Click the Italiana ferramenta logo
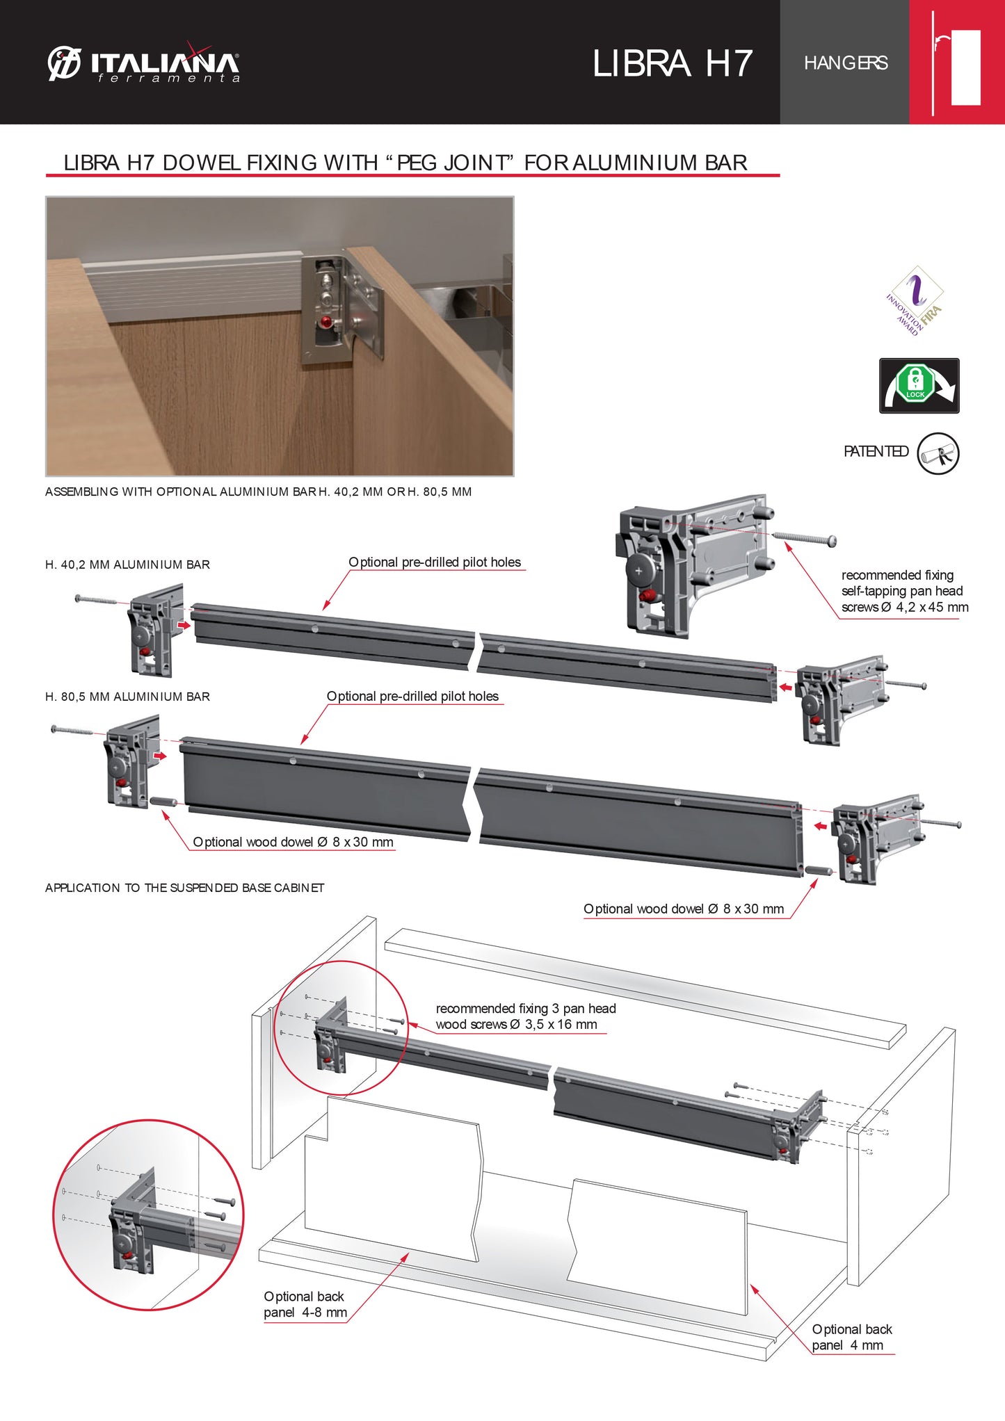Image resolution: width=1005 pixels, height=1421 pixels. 144,64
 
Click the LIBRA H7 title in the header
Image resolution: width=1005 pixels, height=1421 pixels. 672,63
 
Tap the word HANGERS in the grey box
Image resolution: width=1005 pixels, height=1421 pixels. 845,63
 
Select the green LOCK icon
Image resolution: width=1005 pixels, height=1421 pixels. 915,384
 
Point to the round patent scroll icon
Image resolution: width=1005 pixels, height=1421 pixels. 938,454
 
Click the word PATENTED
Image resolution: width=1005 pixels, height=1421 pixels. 876,452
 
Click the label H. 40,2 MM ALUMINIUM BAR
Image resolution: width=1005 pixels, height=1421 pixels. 127,565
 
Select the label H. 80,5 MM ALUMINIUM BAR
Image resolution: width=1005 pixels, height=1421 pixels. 127,697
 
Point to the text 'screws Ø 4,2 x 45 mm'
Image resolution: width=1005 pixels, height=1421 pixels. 904,608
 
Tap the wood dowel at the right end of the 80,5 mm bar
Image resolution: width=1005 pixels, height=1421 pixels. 819,870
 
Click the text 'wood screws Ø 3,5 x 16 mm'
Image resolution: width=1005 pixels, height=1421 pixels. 516,1025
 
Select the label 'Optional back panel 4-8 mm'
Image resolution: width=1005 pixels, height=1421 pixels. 305,1304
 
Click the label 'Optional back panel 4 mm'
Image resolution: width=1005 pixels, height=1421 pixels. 851,1337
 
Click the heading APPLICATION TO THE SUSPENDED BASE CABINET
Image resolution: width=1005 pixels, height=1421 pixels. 184,888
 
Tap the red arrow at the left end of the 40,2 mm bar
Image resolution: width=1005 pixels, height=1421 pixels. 183,626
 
